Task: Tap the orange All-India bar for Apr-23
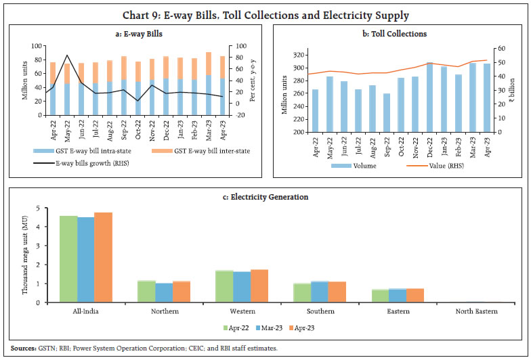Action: click(x=103, y=257)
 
